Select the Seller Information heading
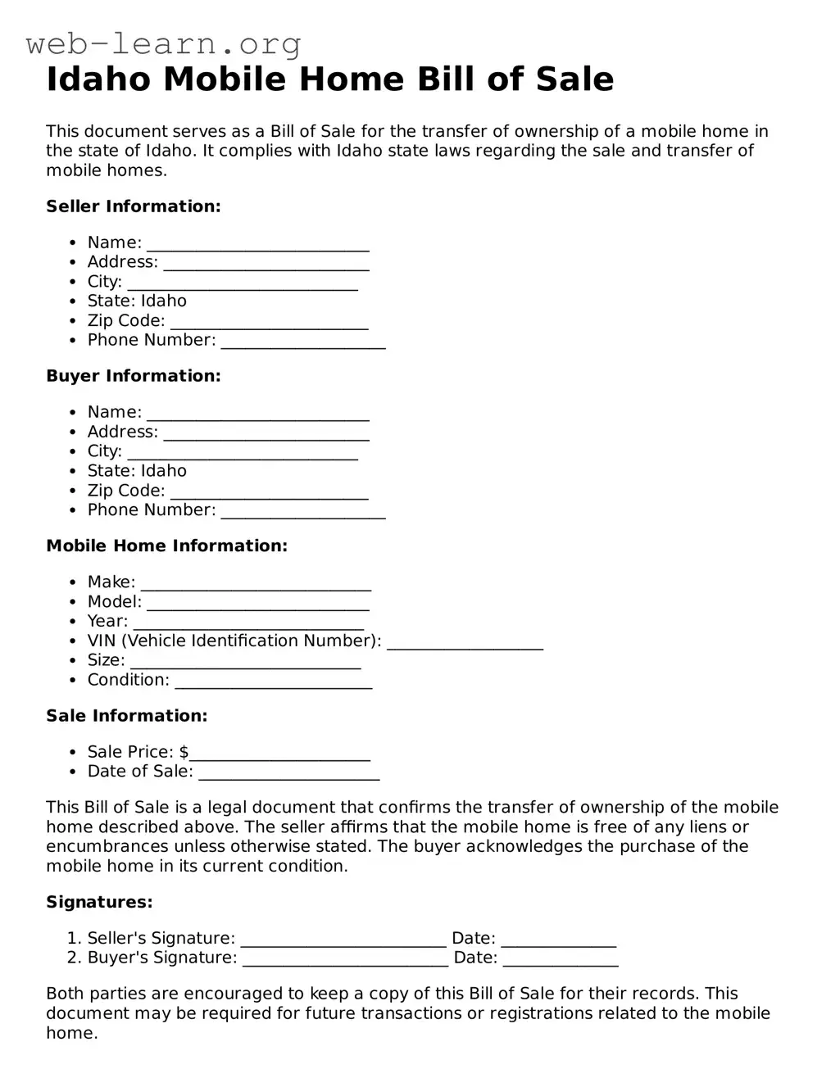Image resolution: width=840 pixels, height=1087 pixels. coord(134,206)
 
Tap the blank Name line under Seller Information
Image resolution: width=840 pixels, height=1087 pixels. coord(258,244)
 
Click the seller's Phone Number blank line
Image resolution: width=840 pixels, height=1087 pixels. coord(303,342)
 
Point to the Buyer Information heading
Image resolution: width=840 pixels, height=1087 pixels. coord(134,376)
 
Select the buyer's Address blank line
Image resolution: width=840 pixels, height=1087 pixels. coord(266,433)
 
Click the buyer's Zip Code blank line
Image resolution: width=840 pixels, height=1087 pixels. coord(270,491)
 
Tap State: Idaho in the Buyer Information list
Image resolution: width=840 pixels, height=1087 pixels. coord(137,471)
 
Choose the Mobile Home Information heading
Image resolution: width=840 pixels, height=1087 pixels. coord(166,546)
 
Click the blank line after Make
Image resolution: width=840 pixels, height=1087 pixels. coord(256,583)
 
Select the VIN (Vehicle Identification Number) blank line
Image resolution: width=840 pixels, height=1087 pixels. coord(465,642)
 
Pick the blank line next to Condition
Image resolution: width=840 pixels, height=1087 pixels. coord(274,682)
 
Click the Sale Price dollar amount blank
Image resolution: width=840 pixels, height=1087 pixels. coord(279,754)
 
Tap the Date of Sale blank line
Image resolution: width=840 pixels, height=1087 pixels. coord(289,772)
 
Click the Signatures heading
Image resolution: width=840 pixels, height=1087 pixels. coord(99,902)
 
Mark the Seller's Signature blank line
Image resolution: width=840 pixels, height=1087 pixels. coord(343,940)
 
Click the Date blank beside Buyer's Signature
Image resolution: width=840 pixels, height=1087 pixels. coord(561,959)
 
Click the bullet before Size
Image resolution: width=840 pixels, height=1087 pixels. coord(72,661)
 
